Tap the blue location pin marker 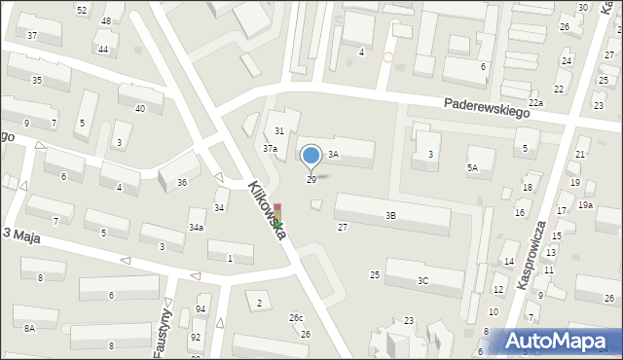[x=311, y=157]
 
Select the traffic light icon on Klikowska [x=277, y=216]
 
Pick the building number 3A [x=332, y=154]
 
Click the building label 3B [x=390, y=215]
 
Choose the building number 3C [x=422, y=280]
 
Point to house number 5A [x=473, y=167]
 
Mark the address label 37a [x=270, y=148]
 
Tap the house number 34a [x=196, y=227]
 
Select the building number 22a [x=535, y=102]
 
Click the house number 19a [x=585, y=204]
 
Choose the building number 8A [x=29, y=328]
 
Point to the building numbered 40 [x=140, y=108]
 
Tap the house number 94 [x=201, y=309]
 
